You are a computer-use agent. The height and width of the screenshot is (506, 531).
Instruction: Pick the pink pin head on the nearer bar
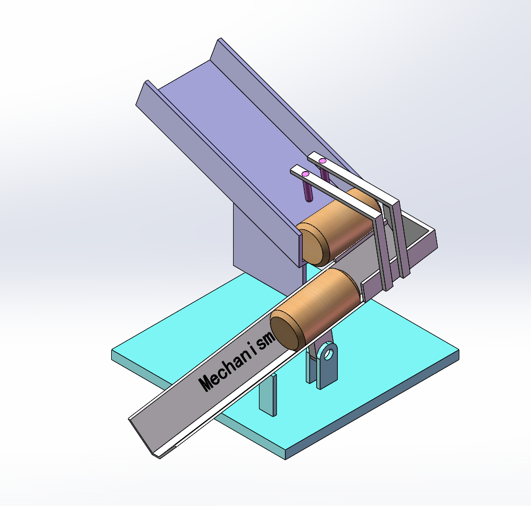305,174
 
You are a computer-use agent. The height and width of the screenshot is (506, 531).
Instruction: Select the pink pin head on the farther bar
323,160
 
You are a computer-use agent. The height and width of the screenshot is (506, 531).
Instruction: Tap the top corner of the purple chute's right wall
220,40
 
